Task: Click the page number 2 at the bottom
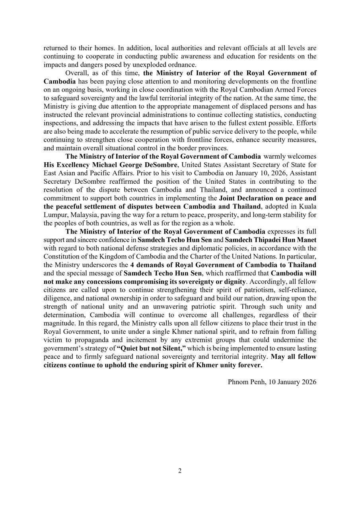[180, 471]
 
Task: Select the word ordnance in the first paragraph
[182, 65]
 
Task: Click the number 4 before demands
[132, 265]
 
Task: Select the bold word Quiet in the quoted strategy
[127, 348]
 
